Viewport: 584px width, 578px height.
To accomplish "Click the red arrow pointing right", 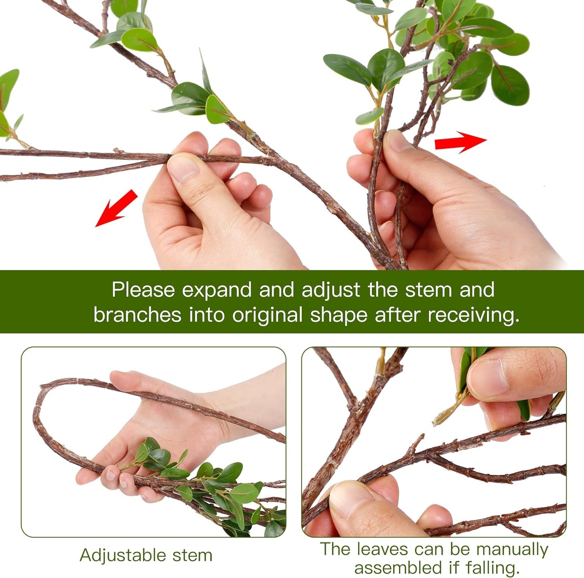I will pyautogui.click(x=460, y=142).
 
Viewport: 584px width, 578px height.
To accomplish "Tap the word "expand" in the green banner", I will pyautogui.click(x=217, y=290).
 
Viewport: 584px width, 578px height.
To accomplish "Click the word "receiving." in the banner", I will pyautogui.click(x=473, y=315).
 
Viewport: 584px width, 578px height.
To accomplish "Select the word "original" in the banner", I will pyautogui.click(x=267, y=315).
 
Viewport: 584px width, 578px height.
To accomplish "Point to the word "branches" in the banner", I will pyautogui.click(x=137, y=315).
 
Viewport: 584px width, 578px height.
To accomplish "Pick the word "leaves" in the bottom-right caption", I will pyautogui.click(x=382, y=549).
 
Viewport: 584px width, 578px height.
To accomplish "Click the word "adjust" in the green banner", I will pyautogui.click(x=331, y=290).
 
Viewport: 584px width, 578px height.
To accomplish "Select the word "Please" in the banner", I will pyautogui.click(x=143, y=290).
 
